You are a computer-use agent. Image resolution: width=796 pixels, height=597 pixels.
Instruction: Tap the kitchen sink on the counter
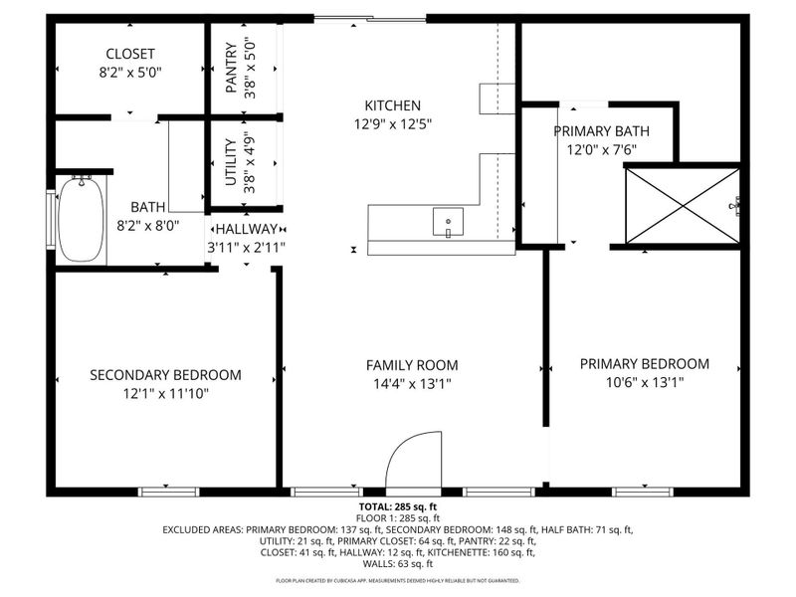(448, 222)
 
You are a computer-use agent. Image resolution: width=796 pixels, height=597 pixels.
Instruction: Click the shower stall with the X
(683, 206)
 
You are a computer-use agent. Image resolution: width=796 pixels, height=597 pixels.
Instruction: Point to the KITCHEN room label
(393, 105)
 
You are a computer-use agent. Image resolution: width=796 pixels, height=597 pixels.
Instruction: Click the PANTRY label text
(231, 67)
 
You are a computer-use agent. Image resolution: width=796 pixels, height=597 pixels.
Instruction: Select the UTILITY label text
(231, 161)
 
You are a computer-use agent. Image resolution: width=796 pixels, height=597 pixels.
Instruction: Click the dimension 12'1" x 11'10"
(166, 393)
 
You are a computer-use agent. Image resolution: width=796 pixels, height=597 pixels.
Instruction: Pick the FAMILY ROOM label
(412, 365)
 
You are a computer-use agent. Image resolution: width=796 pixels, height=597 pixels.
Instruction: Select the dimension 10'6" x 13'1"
(645, 382)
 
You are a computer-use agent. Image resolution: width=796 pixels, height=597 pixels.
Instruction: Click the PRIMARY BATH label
(601, 131)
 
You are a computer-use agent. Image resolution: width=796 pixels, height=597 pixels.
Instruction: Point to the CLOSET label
(130, 54)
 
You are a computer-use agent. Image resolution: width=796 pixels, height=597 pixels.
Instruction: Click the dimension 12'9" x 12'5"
(393, 124)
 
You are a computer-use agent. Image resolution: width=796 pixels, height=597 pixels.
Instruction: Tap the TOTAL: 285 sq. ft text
(397, 506)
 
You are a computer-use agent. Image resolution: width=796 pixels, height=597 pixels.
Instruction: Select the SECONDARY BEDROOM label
(166, 375)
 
